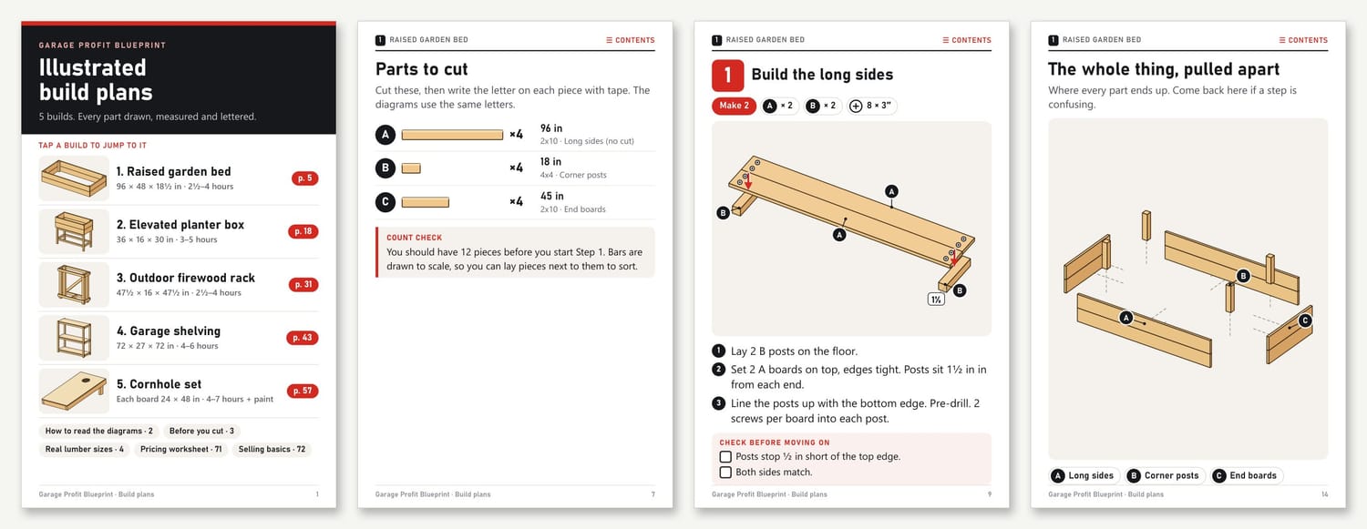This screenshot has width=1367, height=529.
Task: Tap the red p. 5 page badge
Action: [304, 178]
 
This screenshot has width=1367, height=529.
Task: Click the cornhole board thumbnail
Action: [74, 391]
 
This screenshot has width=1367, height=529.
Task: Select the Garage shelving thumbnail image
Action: [74, 338]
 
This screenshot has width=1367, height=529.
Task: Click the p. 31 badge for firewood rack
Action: [303, 285]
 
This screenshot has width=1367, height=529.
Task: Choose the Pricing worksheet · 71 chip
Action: [180, 449]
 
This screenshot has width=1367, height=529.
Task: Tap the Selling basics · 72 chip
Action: [272, 449]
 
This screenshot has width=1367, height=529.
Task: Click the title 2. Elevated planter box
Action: [180, 224]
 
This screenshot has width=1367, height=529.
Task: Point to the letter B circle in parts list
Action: [385, 168]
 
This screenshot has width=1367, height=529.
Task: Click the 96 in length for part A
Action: [551, 128]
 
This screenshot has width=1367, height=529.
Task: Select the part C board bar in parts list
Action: [426, 202]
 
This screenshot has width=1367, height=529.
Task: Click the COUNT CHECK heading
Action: [414, 238]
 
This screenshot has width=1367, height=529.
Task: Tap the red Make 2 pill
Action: [734, 106]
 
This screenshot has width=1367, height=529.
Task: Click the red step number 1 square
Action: [727, 75]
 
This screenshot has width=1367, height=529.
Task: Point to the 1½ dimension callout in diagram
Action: [936, 300]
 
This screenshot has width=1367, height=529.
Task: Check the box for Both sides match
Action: [725, 472]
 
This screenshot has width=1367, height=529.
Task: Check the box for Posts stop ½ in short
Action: [725, 456]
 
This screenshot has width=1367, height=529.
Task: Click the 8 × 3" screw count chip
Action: [871, 106]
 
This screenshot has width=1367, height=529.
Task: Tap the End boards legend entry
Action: [1246, 475]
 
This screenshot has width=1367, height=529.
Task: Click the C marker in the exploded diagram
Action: [1305, 320]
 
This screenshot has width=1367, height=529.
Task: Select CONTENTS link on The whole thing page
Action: [1303, 40]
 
